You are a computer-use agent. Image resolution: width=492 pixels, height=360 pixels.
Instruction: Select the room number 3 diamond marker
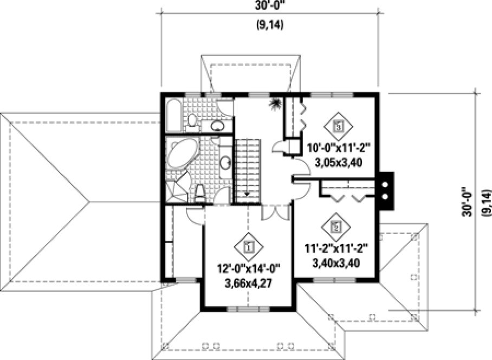coord(338,127)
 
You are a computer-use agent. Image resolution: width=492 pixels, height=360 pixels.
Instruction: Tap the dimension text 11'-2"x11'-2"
coord(337,249)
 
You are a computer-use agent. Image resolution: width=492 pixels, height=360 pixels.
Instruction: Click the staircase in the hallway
coord(248,170)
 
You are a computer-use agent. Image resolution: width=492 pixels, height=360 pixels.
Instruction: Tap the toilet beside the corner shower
coord(199,192)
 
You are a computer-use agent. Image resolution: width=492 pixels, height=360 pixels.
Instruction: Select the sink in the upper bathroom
coord(217,126)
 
